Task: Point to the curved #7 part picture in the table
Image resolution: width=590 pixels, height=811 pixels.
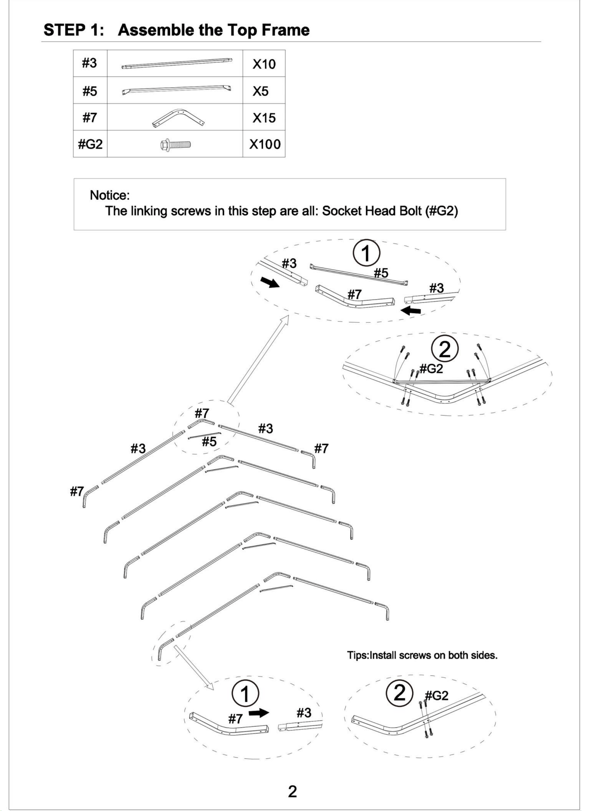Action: click(x=178, y=117)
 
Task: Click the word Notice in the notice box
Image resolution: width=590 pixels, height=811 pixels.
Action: click(x=109, y=195)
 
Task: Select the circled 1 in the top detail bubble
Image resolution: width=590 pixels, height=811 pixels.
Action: click(x=366, y=254)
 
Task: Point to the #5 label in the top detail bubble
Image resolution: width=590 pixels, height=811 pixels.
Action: click(x=381, y=273)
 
